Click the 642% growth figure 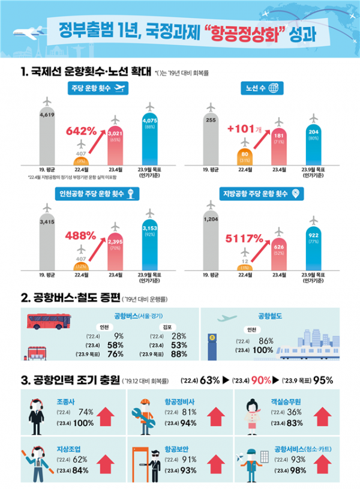(x=80, y=130)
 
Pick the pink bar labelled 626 (x=278, y=252)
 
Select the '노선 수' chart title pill (x=262, y=88)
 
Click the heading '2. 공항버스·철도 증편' (x=68, y=297)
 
